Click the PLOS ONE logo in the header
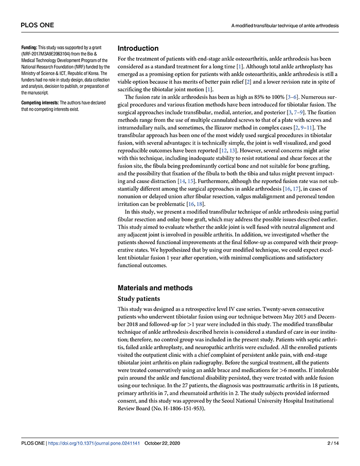pyautogui.click(x=37, y=25)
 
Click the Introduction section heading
pyautogui.click(x=138, y=48)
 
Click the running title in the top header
pyautogui.click(x=285, y=25)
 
